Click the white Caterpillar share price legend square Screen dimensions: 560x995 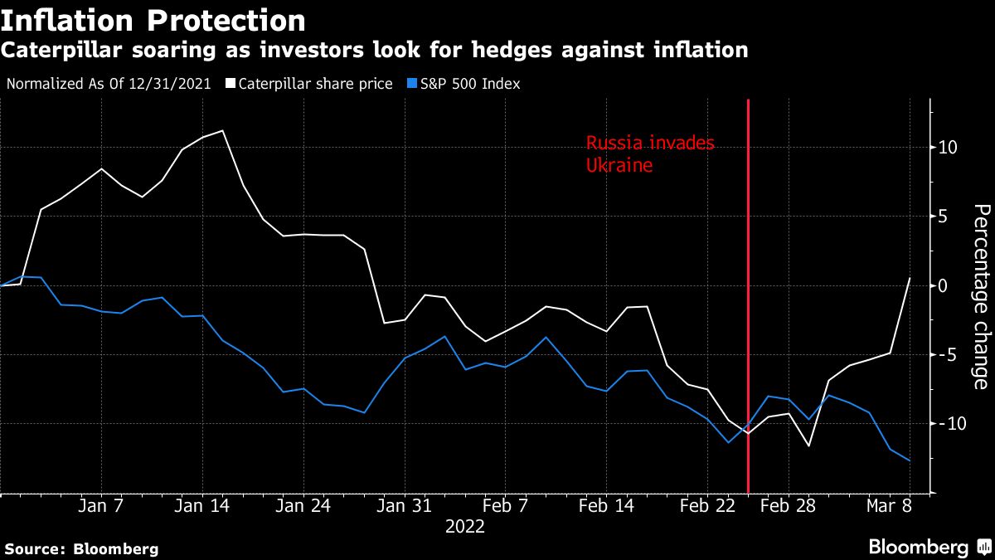(231, 84)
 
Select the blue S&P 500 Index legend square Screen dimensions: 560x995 (413, 84)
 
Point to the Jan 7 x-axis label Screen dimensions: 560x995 (101, 506)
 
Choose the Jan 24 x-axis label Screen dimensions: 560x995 (303, 506)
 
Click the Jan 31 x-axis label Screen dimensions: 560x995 (404, 506)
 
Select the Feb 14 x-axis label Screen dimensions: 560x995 (606, 506)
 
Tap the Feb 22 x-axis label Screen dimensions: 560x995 (707, 506)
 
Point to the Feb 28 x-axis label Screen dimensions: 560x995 (788, 506)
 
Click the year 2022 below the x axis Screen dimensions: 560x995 (465, 526)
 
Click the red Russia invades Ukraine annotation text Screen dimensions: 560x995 (649, 154)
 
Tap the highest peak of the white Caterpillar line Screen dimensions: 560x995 (222, 130)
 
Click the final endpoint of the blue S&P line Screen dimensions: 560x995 (910, 460)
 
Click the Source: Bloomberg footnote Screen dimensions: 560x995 (81, 548)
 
